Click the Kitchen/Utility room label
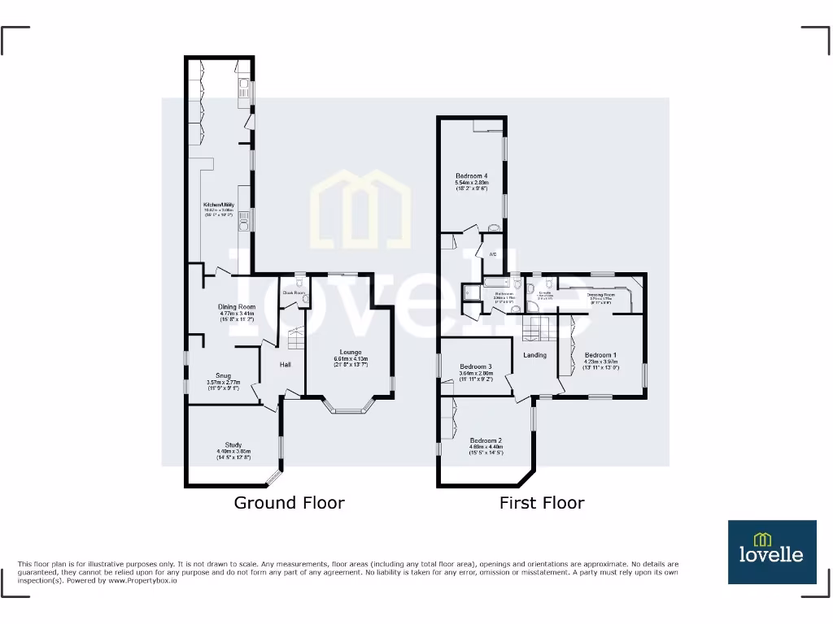[219, 205]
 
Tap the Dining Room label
[237, 307]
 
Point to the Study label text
[233, 445]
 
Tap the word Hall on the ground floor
[286, 365]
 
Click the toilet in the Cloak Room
[304, 299]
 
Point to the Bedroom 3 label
[476, 366]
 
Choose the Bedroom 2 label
[486, 440]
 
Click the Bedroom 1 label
[600, 355]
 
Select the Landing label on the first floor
[535, 355]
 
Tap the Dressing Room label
[600, 295]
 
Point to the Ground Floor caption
[289, 503]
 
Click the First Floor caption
[541, 503]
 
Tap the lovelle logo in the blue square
[771, 552]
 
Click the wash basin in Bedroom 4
[493, 228]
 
